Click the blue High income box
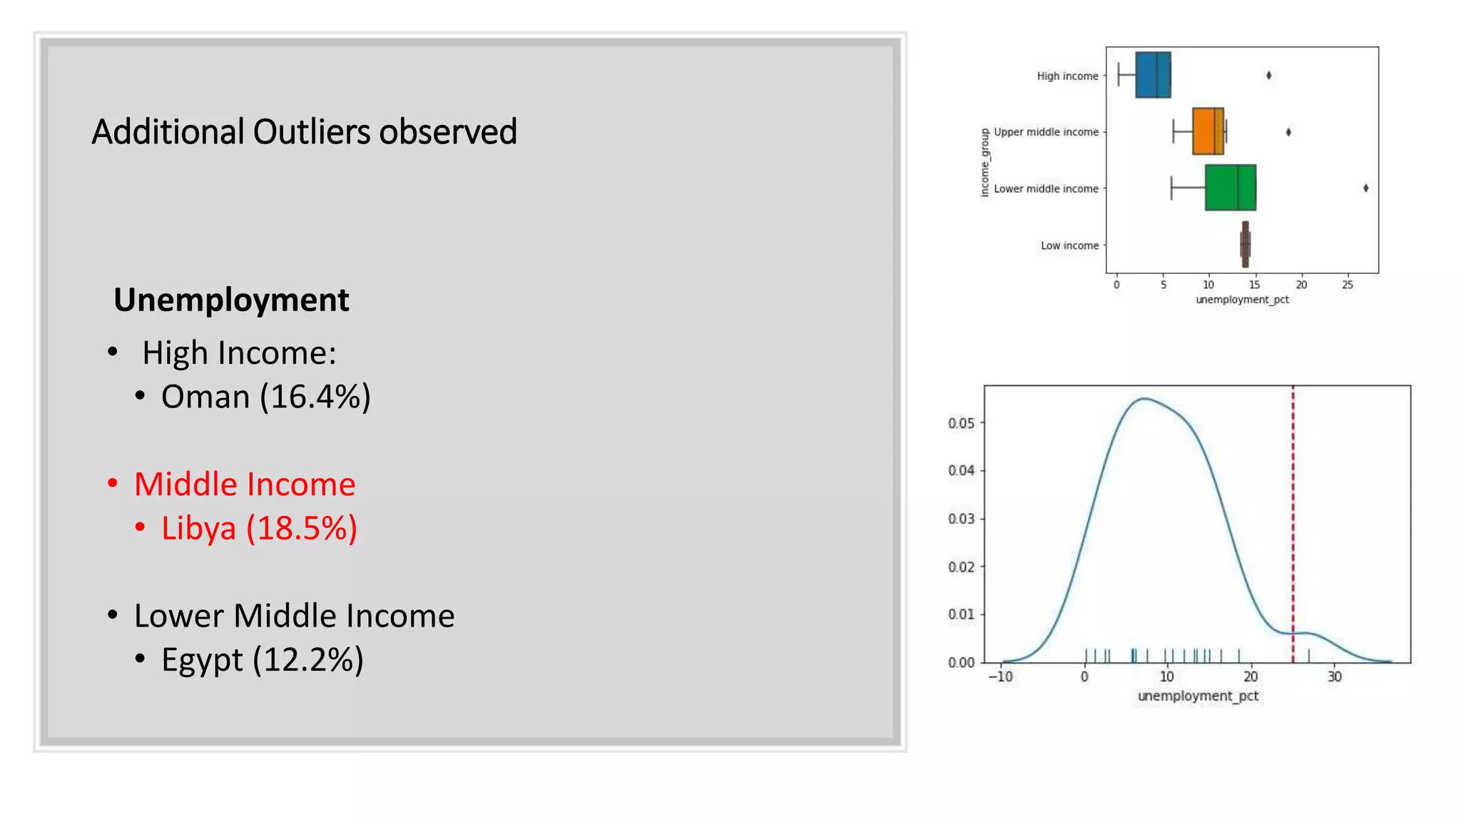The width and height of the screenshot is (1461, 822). pyautogui.click(x=1153, y=75)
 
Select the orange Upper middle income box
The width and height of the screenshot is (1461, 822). pyautogui.click(x=1208, y=131)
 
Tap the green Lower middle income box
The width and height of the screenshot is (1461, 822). pyautogui.click(x=1230, y=188)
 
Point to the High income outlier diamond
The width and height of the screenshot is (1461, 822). pyautogui.click(x=1268, y=76)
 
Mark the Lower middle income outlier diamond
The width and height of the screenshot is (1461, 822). pyautogui.click(x=1365, y=188)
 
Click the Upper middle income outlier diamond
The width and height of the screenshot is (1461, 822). pyautogui.click(x=1288, y=132)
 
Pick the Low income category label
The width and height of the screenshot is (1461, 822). pyautogui.click(x=1069, y=245)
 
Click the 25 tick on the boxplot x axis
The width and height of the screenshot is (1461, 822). pyautogui.click(x=1347, y=285)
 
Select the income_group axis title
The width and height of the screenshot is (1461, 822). pyautogui.click(x=985, y=163)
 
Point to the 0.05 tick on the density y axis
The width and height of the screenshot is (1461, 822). pyautogui.click(x=961, y=423)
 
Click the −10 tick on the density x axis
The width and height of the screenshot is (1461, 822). pyautogui.click(x=1000, y=676)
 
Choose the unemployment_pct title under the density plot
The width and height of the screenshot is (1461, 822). pyautogui.click(x=1198, y=696)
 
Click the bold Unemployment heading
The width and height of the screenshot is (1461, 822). pyautogui.click(x=231, y=300)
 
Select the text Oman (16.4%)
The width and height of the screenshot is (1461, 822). pyautogui.click(x=265, y=397)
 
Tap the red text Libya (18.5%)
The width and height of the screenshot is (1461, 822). pyautogui.click(x=259, y=529)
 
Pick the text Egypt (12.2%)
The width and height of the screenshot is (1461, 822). pyautogui.click(x=262, y=659)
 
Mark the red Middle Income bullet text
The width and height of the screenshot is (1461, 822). pyautogui.click(x=245, y=484)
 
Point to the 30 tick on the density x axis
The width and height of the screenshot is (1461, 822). pyautogui.click(x=1334, y=676)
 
